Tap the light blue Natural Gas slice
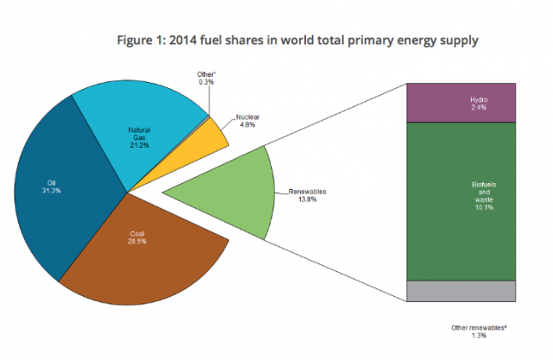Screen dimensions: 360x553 [147, 121]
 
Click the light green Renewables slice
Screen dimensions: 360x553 [225, 194]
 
